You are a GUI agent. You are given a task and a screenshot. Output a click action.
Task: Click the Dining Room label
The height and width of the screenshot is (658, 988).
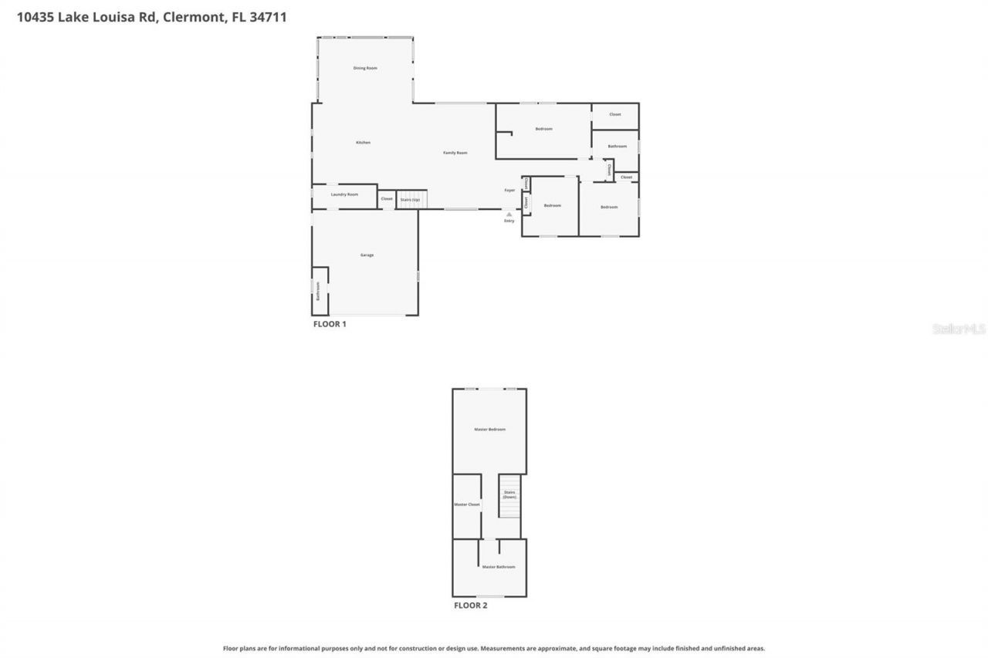coord(365,69)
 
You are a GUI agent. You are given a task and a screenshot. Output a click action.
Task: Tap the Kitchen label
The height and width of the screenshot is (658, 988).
coord(363,143)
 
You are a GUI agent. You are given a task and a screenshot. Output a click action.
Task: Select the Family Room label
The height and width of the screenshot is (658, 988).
coord(455,153)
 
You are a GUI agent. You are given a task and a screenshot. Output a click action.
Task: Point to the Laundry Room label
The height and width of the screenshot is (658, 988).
coord(344,194)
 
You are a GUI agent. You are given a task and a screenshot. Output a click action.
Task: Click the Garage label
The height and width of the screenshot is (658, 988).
coord(367,255)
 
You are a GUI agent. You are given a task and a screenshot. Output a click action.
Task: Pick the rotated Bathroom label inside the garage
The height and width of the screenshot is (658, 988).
coord(317,290)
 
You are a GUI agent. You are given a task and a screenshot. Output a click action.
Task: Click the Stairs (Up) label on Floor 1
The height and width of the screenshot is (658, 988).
coord(410,199)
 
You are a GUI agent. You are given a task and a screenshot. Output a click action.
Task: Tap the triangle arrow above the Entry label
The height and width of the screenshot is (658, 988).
coord(509,214)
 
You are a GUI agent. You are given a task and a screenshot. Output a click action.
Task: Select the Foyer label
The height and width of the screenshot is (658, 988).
coord(509,190)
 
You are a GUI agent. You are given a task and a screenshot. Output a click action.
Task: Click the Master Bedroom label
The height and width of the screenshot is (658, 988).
coord(489,429)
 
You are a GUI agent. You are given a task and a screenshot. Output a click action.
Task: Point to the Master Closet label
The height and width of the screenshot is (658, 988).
coord(466,504)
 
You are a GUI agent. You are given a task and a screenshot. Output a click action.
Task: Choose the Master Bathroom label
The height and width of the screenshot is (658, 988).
coord(498,567)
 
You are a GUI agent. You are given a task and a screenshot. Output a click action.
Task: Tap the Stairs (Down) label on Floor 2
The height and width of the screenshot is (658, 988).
coord(509,494)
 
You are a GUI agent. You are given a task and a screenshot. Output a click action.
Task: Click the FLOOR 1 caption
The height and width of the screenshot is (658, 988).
coord(330,325)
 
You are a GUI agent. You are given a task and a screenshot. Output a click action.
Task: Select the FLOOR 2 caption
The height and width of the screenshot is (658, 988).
coord(470,606)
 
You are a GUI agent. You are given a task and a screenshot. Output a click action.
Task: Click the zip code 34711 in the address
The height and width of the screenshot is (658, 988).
coord(268,17)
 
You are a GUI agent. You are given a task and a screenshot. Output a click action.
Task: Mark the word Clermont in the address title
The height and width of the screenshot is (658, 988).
coord(194,17)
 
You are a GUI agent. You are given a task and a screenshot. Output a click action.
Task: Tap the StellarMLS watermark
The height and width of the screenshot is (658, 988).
coord(959,329)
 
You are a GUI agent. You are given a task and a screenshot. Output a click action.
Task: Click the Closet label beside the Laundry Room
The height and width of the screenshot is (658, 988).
coord(387,199)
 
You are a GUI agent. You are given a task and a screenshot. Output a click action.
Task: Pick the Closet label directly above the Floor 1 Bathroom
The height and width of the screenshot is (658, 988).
coord(614,114)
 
